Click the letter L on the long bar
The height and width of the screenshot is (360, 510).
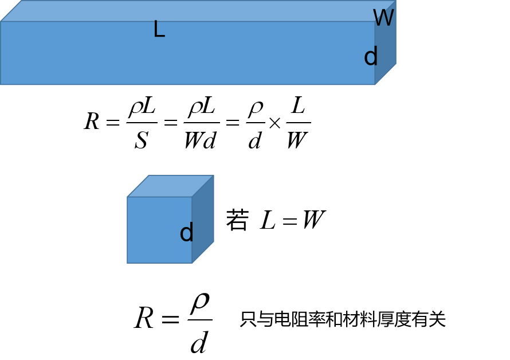click(159, 29)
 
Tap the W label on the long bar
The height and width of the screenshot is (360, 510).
click(383, 18)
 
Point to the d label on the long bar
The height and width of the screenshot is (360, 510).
click(371, 57)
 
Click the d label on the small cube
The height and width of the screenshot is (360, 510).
click(186, 233)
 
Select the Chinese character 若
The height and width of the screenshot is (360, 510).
click(237, 221)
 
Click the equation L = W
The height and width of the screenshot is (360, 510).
click(293, 221)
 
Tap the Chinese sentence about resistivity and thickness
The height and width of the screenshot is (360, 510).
click(342, 319)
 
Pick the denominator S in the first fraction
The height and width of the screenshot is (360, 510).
click(141, 140)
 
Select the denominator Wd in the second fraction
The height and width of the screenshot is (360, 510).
click(200, 140)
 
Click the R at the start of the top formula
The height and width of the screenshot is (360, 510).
click(92, 122)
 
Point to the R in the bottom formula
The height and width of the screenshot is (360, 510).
click(144, 319)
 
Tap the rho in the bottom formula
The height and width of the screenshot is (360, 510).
click(199, 302)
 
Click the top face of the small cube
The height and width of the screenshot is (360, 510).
click(170, 186)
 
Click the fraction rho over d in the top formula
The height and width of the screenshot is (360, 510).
click(255, 123)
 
